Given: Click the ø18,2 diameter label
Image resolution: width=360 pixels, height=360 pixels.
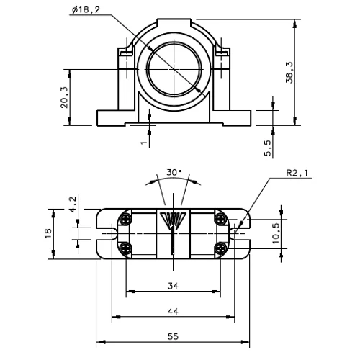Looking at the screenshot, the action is pyautogui.click(x=86, y=10).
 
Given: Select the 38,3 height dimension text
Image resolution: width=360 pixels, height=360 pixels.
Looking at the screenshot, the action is pyautogui.click(x=289, y=73).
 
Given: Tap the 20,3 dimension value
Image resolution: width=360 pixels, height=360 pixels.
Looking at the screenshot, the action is pyautogui.click(x=64, y=97).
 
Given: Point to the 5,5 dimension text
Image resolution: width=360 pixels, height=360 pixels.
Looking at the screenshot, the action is pyautogui.click(x=268, y=148).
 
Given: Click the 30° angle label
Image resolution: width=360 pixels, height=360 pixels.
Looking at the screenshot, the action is pyautogui.click(x=174, y=172).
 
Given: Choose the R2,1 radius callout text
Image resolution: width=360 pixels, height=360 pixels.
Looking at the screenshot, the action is pyautogui.click(x=297, y=173).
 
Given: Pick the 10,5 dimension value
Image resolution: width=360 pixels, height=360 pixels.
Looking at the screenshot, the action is pyautogui.click(x=276, y=233).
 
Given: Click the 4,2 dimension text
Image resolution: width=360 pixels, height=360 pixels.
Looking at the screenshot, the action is pyautogui.click(x=73, y=204).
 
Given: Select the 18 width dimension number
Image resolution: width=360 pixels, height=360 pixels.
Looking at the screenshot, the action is pyautogui.click(x=48, y=233).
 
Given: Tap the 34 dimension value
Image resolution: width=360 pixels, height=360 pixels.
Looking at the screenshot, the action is pyautogui.click(x=173, y=286).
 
